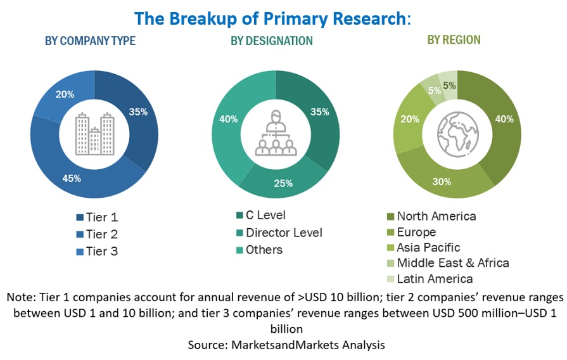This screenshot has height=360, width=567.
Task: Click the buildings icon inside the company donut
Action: click(94, 134)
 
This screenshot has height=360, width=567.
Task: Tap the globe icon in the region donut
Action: click(457, 134)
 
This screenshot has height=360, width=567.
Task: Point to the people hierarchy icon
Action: click(276, 134)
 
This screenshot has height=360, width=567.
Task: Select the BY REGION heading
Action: click(454, 40)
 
